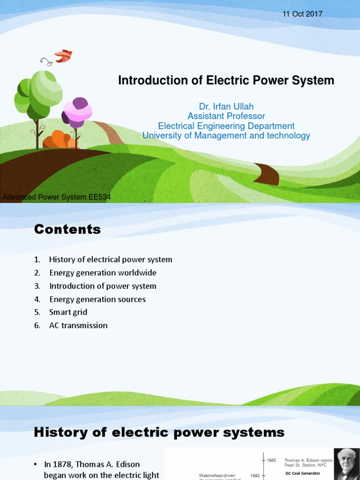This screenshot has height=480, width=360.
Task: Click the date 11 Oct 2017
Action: [x=302, y=14]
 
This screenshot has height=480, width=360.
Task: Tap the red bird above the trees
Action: [x=63, y=56]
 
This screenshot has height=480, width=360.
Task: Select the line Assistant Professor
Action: [x=226, y=116]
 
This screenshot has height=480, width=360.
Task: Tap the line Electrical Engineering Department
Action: [x=226, y=126]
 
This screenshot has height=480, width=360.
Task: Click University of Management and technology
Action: [x=226, y=135]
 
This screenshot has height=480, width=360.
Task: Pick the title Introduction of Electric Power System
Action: [x=226, y=81]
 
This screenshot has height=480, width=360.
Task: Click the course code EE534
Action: [x=100, y=197]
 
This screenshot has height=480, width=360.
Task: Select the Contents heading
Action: [x=67, y=229]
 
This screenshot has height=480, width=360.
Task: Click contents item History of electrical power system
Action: [x=111, y=260]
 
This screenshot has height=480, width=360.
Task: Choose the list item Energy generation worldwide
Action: [x=103, y=273]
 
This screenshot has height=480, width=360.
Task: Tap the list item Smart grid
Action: [x=68, y=312]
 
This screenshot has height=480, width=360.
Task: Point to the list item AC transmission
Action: [x=78, y=325]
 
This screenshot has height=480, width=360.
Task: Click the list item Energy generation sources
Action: [x=97, y=299]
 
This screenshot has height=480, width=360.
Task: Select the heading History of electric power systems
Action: [x=159, y=432]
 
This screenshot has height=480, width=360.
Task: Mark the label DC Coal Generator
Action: [x=303, y=473]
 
